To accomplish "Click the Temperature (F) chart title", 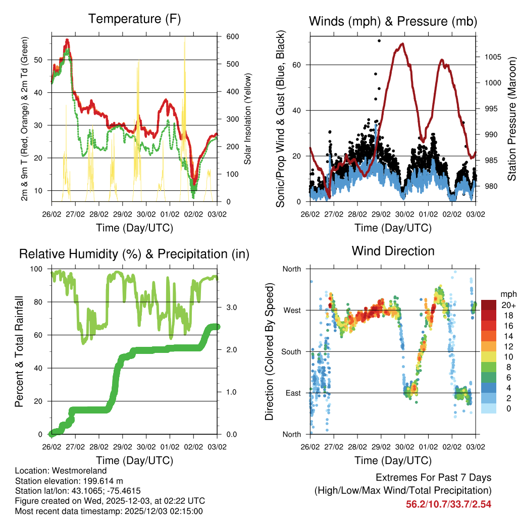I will point(134,19).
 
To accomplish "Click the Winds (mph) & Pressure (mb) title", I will point(393,21).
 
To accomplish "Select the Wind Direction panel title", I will point(393,251).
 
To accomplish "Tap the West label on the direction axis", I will point(292,311).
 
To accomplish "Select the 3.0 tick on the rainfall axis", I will point(228,307).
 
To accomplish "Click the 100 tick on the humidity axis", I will point(40,269).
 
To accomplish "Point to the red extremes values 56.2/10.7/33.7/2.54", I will point(448,504).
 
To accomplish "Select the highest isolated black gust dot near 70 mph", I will point(379,40).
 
